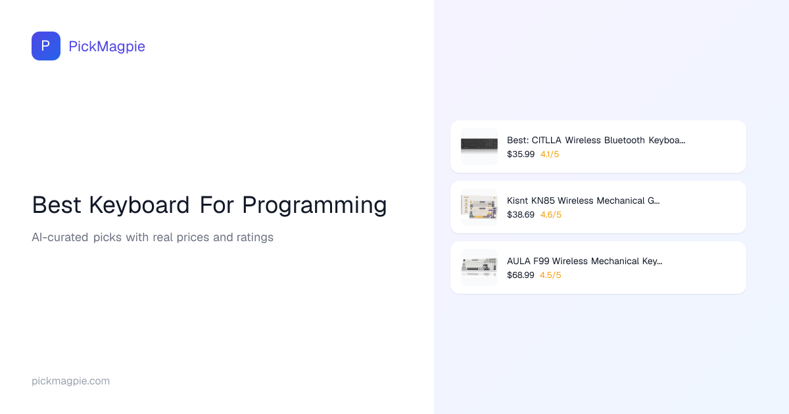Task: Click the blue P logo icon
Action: point(46,46)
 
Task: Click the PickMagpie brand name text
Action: point(107,47)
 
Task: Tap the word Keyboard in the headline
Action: point(139,205)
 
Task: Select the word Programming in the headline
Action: point(314,205)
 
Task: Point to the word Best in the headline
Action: point(57,205)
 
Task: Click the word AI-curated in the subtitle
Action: point(60,237)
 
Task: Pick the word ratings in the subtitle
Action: point(255,238)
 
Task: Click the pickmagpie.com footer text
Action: point(71,381)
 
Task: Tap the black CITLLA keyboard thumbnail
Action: point(479,146)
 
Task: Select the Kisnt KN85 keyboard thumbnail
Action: point(479,206)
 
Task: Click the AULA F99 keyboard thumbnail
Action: point(479,267)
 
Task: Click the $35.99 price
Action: point(521,154)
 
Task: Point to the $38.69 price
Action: point(521,215)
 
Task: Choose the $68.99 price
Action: point(521,275)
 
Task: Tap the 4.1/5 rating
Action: point(550,154)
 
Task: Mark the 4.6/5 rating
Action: point(551,215)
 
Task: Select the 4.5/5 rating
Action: point(550,275)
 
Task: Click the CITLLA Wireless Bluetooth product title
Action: point(596,140)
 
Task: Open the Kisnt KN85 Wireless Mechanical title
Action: point(583,200)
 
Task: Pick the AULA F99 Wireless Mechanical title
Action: point(585,262)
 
